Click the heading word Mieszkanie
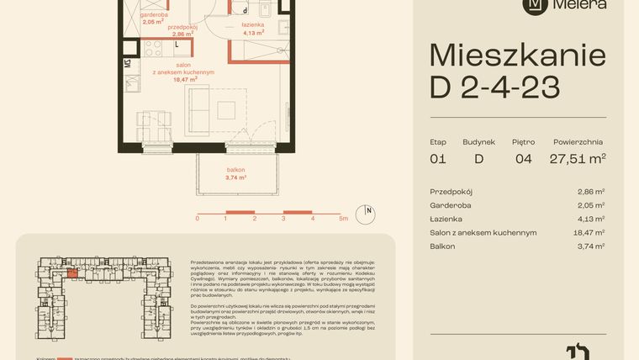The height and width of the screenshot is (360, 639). click(x=517, y=56)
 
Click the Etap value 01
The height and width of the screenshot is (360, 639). click(x=437, y=158)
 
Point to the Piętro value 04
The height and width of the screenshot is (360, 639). click(x=523, y=158)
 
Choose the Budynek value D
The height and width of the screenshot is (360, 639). click(x=478, y=158)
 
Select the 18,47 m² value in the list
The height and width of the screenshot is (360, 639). click(x=589, y=232)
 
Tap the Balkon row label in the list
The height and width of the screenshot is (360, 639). click(x=442, y=246)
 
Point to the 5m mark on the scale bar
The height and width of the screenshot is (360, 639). click(x=343, y=218)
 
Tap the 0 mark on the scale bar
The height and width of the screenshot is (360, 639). click(x=198, y=218)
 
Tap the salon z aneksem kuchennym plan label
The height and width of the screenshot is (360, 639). click(x=182, y=72)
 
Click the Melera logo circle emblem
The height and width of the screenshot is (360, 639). click(x=534, y=4)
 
